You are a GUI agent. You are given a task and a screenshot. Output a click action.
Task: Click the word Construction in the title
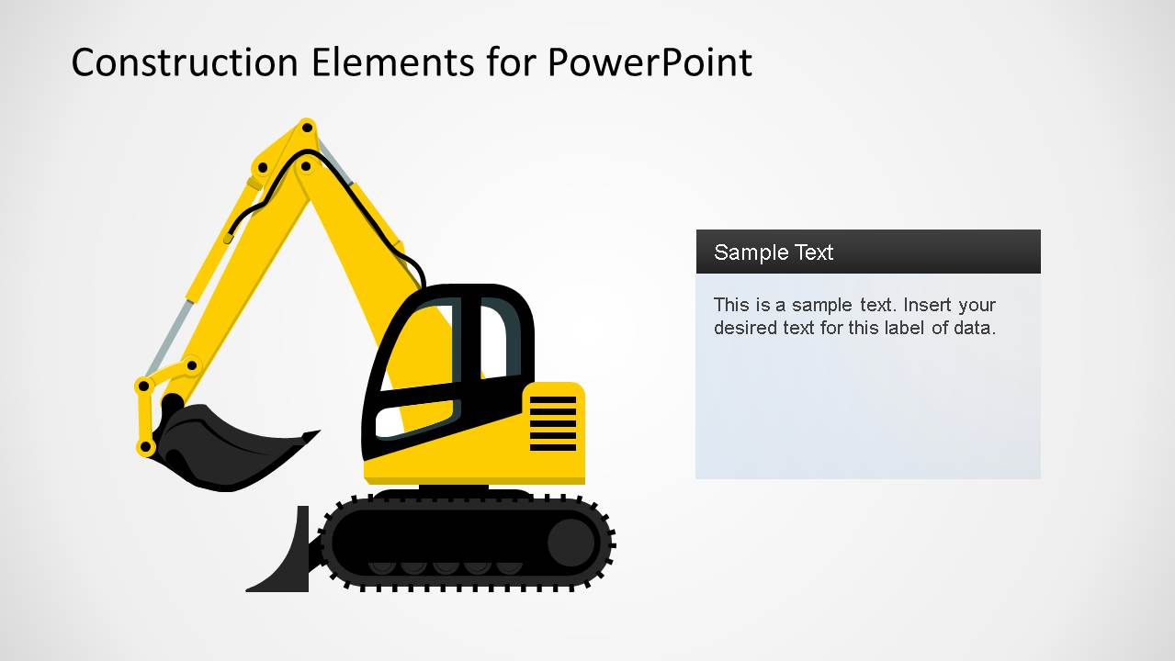[x=185, y=62]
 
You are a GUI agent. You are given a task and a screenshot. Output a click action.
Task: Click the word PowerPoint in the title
[x=650, y=62]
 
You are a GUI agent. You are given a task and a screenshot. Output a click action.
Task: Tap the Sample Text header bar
[x=867, y=252]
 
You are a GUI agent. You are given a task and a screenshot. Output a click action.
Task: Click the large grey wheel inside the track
[x=571, y=542]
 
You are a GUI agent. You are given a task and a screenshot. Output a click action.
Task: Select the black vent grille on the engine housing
[x=553, y=423]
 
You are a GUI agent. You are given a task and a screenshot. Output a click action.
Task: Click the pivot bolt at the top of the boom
[x=307, y=126]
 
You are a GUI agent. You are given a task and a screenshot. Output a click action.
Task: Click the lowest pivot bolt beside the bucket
[x=145, y=447]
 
